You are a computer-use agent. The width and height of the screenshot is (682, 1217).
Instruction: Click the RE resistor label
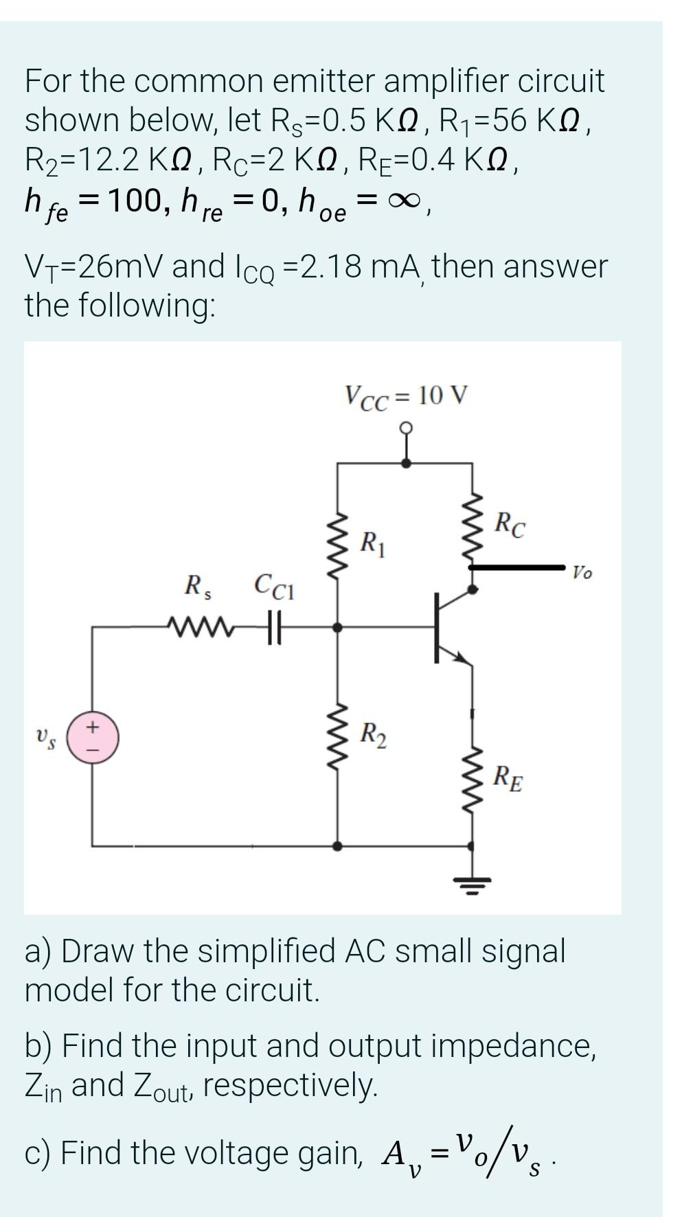pos(508,778)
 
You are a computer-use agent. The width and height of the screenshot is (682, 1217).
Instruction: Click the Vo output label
pos(582,571)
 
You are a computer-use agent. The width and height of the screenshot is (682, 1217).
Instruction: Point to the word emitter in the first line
pos(323,81)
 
